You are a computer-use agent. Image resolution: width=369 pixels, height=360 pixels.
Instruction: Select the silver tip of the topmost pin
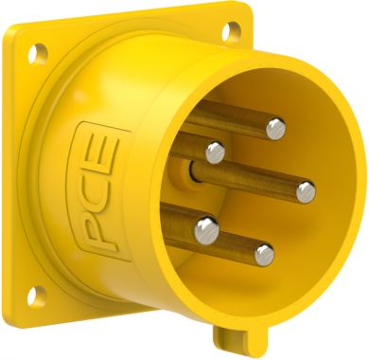[x=275, y=125]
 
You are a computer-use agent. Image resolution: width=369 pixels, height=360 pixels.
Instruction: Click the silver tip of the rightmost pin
[x=306, y=191]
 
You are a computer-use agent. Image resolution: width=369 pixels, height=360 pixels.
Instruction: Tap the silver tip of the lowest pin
[x=266, y=253]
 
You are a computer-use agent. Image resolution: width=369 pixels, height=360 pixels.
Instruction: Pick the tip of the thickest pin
[x=205, y=227]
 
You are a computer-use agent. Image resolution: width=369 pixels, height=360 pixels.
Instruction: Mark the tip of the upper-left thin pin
[x=216, y=150]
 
